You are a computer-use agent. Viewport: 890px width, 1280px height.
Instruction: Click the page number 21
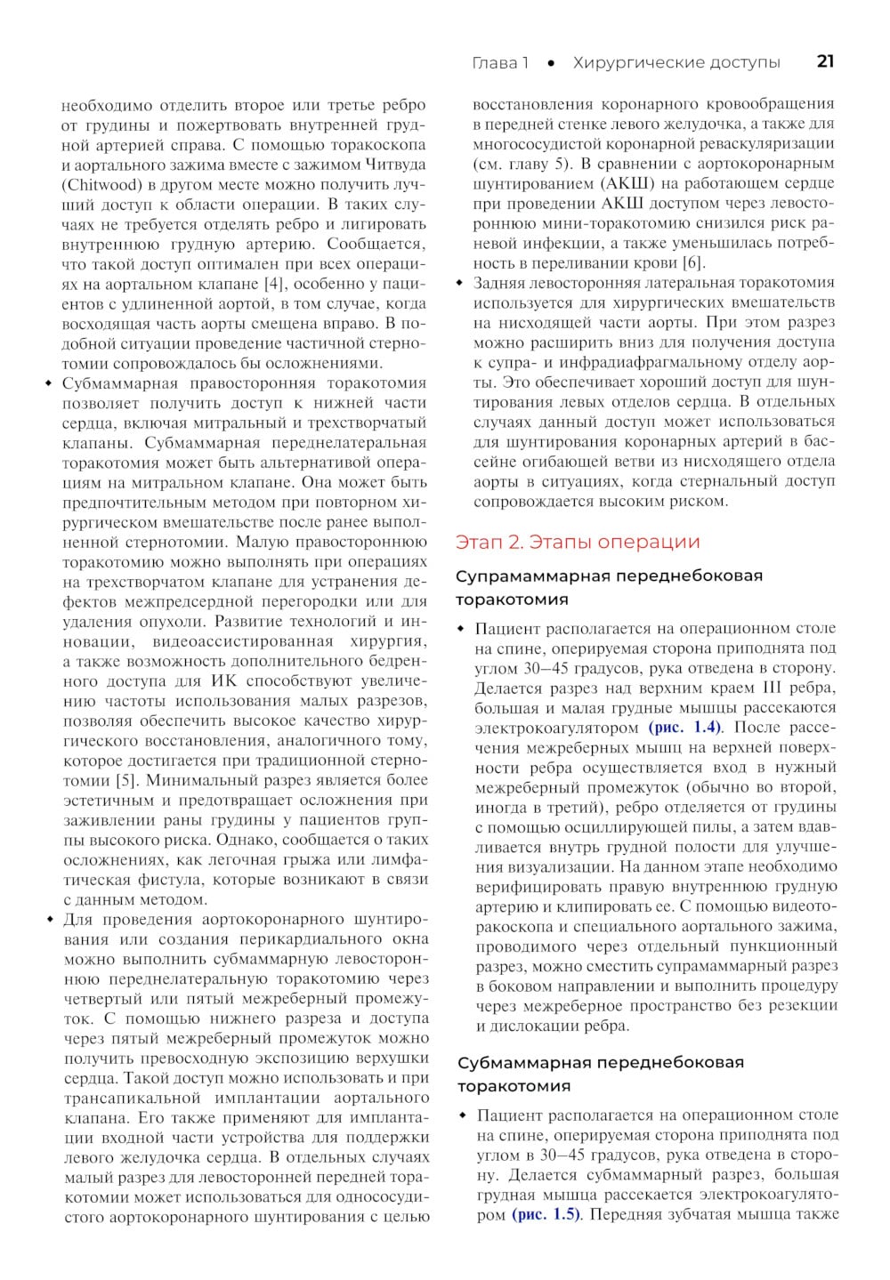point(825,61)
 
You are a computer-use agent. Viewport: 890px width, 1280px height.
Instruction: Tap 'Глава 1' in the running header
point(499,62)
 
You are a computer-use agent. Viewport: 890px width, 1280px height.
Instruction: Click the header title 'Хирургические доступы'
point(676,62)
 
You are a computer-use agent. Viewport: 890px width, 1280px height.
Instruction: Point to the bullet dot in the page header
point(552,63)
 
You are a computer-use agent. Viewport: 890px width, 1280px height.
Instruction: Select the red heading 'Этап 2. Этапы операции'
point(578,542)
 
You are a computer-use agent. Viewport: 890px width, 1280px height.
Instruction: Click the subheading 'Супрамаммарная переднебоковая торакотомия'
point(609,587)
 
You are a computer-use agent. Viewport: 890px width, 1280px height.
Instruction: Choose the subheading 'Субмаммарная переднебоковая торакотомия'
point(601,1074)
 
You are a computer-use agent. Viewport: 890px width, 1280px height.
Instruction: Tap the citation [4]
point(274,284)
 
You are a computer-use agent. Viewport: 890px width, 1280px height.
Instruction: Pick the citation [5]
point(126,780)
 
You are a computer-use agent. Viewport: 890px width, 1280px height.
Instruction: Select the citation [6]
point(692,262)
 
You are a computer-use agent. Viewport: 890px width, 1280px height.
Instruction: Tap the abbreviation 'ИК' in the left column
point(223,681)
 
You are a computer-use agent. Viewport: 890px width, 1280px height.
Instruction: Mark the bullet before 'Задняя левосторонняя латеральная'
point(460,283)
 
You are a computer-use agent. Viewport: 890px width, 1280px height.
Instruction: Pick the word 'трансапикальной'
point(127,1099)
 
